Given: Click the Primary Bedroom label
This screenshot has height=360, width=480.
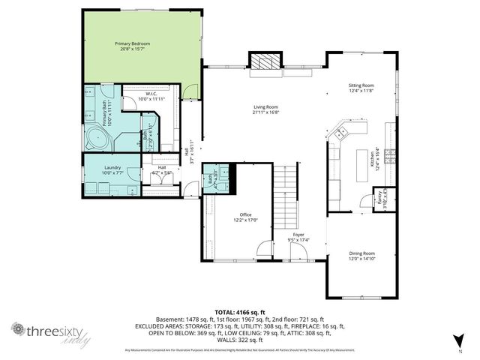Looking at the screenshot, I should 132,44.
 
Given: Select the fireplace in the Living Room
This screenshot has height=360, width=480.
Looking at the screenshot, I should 262,62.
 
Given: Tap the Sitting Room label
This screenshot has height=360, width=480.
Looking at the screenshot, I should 361,86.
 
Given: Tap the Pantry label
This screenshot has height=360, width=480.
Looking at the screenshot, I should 379,198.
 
